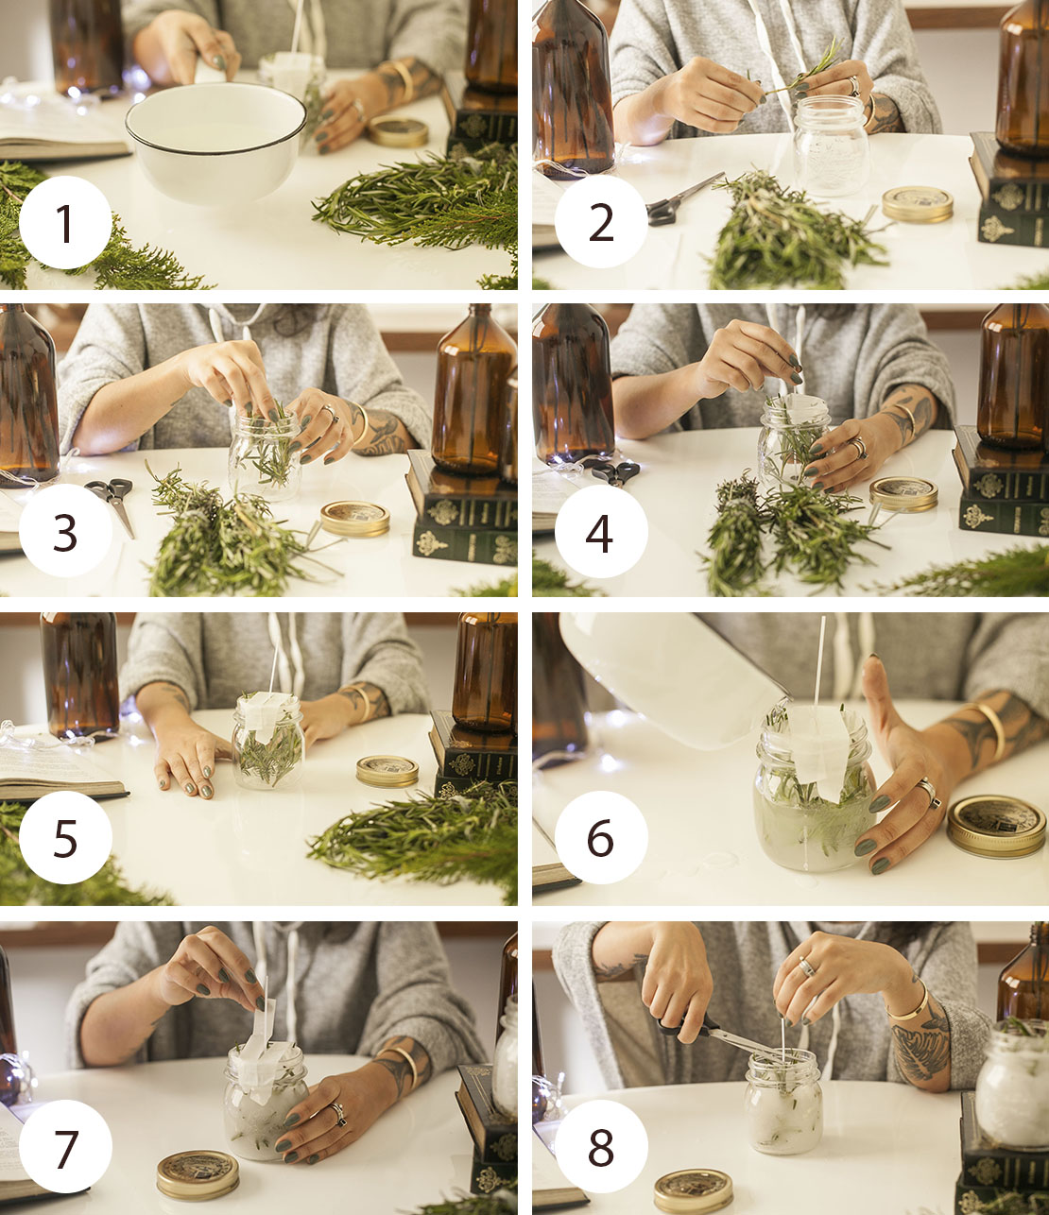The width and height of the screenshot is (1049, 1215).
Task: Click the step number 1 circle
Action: coord(65,222)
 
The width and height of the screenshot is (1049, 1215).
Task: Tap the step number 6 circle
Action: coord(601,837)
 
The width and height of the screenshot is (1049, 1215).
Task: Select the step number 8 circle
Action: coord(601,1146)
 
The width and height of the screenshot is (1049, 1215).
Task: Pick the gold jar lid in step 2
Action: coord(918,205)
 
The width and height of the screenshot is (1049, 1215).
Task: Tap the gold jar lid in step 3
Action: coord(355,519)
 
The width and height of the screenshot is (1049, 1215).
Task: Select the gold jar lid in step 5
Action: coord(387,771)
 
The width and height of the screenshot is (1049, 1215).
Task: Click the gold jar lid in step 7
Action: coord(198,1175)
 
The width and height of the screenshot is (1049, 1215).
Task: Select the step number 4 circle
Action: coord(601,531)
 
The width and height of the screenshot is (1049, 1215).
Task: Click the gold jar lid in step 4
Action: coord(903,494)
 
